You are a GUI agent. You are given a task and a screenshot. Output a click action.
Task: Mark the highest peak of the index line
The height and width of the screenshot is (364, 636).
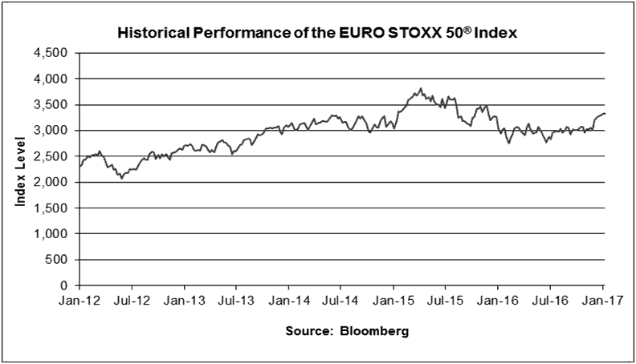pyautogui.click(x=421, y=88)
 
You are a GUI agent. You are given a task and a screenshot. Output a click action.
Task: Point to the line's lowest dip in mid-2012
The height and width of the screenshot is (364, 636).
pyautogui.click(x=121, y=178)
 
